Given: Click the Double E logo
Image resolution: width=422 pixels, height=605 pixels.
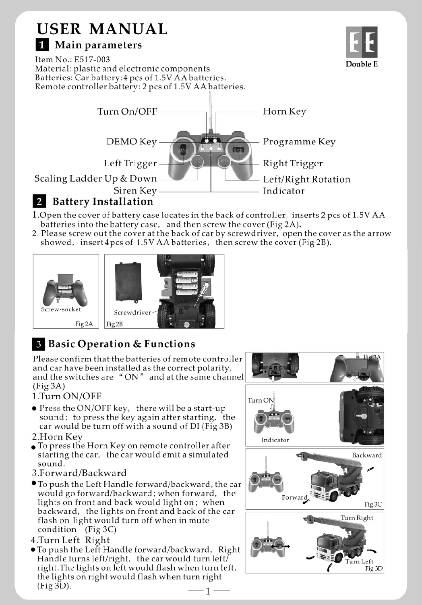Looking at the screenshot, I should [362, 42].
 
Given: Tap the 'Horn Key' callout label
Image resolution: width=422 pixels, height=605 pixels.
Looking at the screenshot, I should [284, 111].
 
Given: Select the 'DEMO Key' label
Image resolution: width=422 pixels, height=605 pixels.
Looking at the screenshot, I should [131, 142].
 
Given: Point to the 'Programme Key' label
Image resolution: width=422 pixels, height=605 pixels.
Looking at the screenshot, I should [299, 142].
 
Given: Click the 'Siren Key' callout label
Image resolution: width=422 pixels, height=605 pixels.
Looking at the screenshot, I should [135, 191].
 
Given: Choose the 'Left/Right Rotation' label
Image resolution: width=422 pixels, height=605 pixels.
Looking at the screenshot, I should [306, 179].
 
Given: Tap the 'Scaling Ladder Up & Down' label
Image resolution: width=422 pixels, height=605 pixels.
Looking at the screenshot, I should [95, 178].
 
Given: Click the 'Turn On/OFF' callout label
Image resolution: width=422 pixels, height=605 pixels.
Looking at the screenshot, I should [127, 111].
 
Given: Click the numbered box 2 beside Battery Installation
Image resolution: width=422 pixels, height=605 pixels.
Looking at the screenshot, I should [39, 201].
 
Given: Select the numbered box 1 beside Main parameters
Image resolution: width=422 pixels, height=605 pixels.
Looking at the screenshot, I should [42, 44].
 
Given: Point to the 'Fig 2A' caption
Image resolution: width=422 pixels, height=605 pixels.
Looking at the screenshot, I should [84, 324].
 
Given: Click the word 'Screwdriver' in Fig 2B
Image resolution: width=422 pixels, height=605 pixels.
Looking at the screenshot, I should [132, 312].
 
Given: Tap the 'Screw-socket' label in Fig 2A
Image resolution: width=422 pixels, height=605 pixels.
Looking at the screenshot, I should [61, 309].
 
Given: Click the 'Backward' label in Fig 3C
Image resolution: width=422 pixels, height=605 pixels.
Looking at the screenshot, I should [366, 455].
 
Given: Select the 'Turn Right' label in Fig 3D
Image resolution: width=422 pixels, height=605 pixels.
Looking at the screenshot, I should [357, 517].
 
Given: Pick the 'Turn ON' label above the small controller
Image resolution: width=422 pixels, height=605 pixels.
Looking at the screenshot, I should [261, 400].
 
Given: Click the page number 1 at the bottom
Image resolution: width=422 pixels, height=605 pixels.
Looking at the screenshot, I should [208, 591].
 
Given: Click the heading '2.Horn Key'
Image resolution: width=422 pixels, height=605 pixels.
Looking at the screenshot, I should [57, 437].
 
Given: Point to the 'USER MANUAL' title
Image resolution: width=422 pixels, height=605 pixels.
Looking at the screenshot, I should [101, 29].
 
